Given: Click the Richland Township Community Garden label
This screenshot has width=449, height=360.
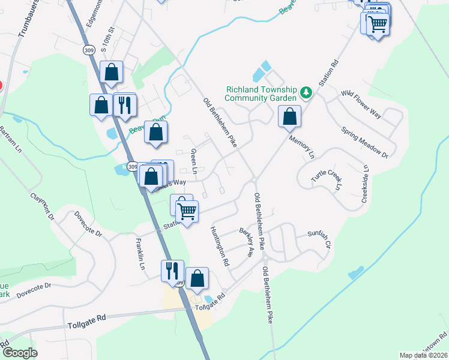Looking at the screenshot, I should [261, 93].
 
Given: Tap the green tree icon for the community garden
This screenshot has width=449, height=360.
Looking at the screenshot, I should [307, 92].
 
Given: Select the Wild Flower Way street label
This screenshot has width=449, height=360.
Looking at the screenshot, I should [361, 103].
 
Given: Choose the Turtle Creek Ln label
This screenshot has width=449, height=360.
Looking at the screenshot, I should [325, 177].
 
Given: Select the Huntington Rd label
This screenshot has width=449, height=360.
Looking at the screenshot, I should [220, 246].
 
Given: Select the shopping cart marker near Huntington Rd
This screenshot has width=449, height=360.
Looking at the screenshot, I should [187, 211].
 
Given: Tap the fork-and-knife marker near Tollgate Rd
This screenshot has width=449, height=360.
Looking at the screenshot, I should [172, 271].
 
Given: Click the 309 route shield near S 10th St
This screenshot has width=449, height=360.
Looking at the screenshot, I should [89, 50].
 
